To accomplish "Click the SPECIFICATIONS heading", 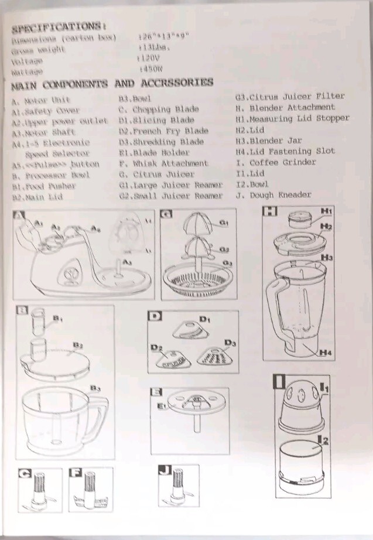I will pos(59,26).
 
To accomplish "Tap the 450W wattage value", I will pos(150,70).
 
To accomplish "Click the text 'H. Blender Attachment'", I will pos(285,107).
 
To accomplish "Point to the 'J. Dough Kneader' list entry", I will pos(273,195).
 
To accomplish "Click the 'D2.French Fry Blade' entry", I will pos(163,131).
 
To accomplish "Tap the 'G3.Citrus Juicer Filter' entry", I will pos(290,96).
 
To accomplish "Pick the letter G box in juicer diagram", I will pos(166,215).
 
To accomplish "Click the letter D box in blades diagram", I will pos(155,317).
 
